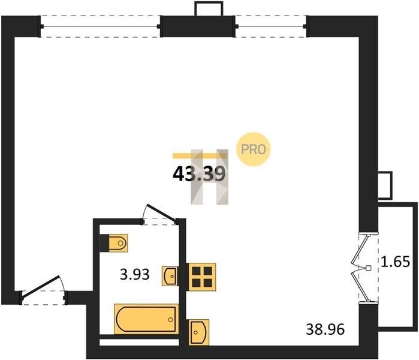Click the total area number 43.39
[199, 174]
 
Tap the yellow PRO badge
[254, 149]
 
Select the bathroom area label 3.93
[134, 274]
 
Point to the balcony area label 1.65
[395, 262]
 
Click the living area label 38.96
[325, 329]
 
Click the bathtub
[146, 319]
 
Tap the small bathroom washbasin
[170, 276]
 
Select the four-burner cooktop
[202, 277]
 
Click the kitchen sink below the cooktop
[199, 332]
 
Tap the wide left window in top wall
[100, 26]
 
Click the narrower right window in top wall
[271, 26]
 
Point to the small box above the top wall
[209, 8]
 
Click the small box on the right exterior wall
[385, 185]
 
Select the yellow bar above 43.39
[200, 155]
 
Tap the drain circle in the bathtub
[170, 319]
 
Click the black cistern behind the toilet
[104, 243]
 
